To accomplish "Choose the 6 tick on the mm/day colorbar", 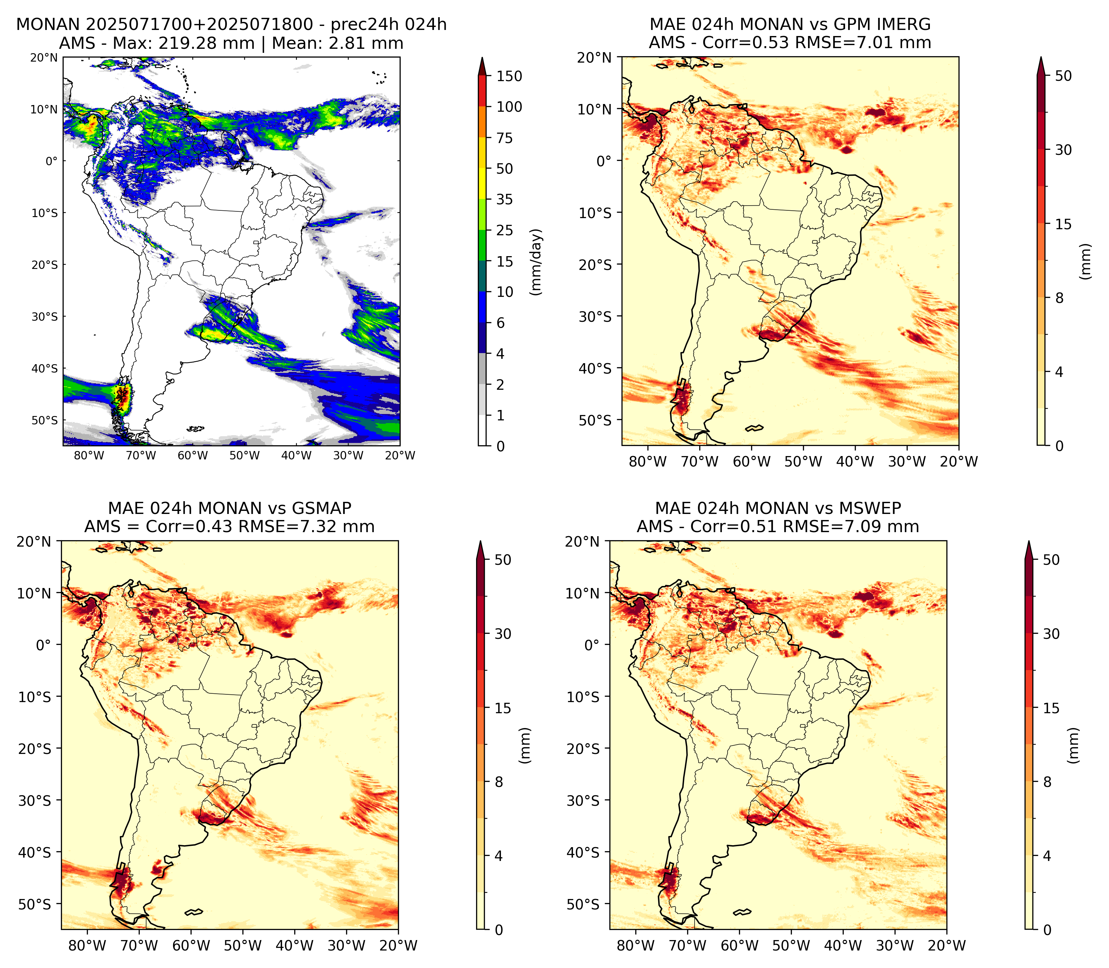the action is tap(501, 323).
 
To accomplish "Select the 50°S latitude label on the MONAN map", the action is tap(44, 420).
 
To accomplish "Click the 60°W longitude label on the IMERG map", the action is tap(751, 462).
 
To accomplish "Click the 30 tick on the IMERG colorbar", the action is tap(1063, 150).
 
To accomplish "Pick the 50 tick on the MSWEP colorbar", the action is tap(1051, 560).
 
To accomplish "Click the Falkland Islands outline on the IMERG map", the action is tap(754, 428).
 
